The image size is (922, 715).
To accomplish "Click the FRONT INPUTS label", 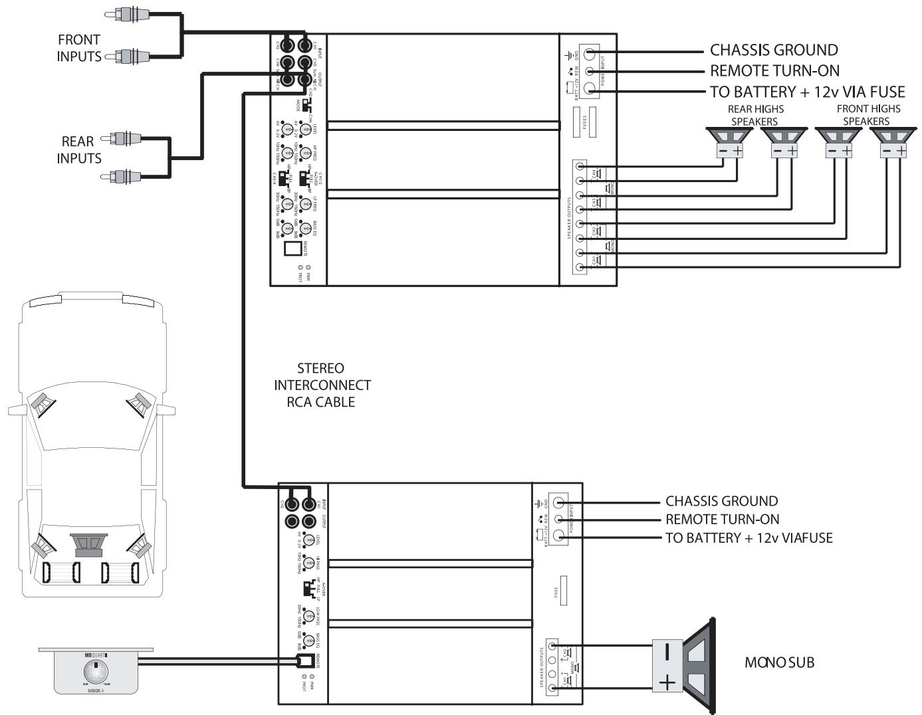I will pyautogui.click(x=78, y=49).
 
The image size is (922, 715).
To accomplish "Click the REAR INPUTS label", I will pyautogui.click(x=78, y=150).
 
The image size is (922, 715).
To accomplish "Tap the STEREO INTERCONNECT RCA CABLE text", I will pyautogui.click(x=322, y=385).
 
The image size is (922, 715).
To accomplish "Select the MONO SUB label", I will pyautogui.click(x=779, y=663).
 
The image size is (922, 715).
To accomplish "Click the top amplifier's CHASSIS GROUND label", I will pyautogui.click(x=774, y=50).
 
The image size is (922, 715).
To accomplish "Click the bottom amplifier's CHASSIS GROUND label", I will pyautogui.click(x=721, y=501).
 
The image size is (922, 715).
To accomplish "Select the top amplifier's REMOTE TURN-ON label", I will pyautogui.click(x=774, y=70).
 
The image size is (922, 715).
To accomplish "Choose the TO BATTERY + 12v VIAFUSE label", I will pyautogui.click(x=749, y=538).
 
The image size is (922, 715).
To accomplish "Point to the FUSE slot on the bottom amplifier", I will pyautogui.click(x=564, y=591).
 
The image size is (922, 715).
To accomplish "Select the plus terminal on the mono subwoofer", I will pyautogui.click(x=667, y=683).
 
